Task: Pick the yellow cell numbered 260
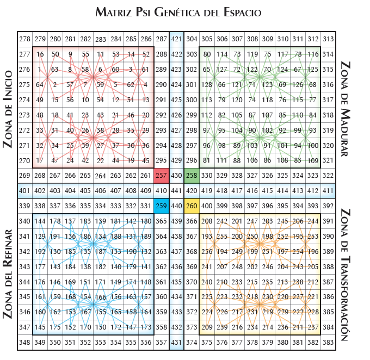[x=192, y=206]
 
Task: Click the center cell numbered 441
[x=176, y=191]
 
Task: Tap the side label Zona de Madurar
[x=345, y=109]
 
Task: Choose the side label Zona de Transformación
[x=345, y=275]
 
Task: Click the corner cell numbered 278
[x=24, y=39]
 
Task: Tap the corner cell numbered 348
[x=24, y=343]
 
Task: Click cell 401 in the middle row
[x=24, y=191]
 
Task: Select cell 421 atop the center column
[x=176, y=39]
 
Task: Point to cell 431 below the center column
[x=176, y=343]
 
